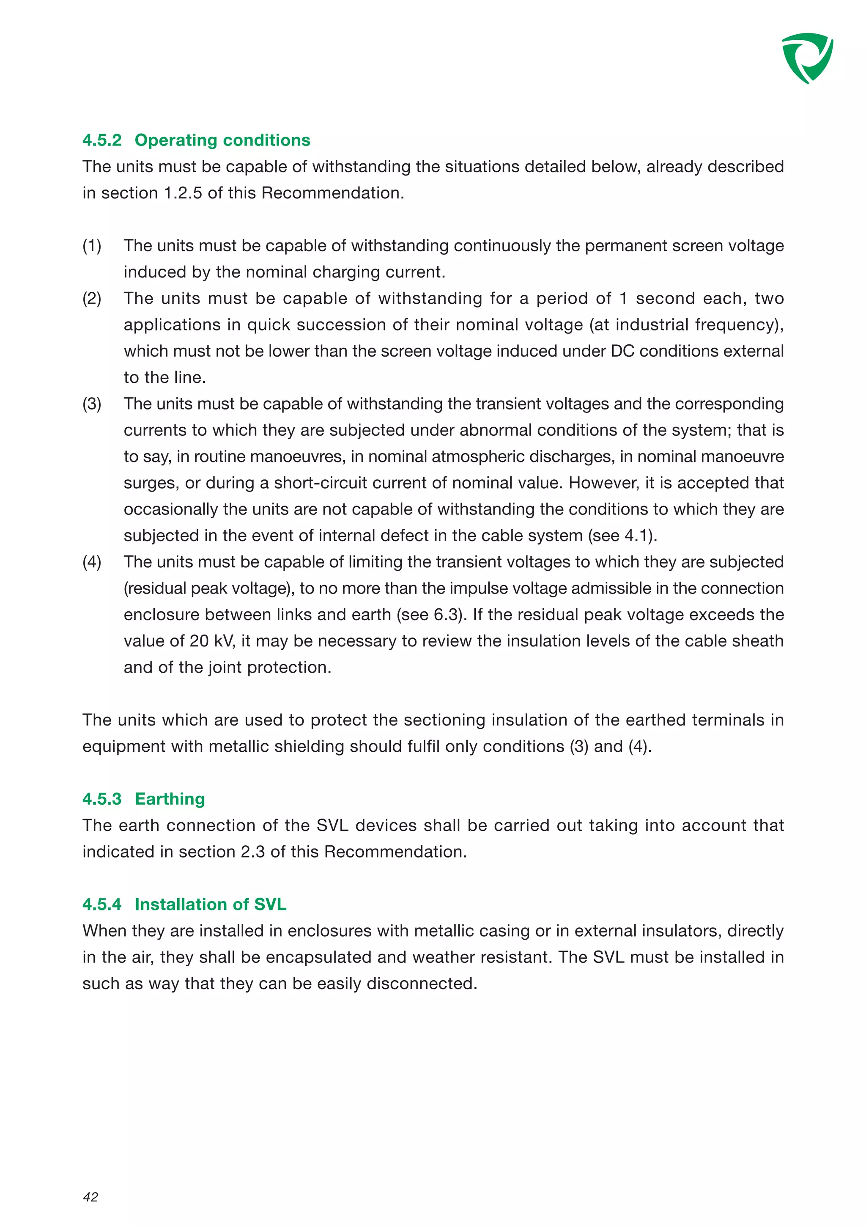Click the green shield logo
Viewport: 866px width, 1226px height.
pos(807,58)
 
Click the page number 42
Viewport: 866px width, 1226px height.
pos(91,1197)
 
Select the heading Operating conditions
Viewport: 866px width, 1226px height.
pos(222,140)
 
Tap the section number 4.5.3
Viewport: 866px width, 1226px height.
pos(101,799)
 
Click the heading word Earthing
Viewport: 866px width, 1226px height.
pos(170,799)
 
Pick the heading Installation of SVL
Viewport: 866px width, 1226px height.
pos(210,904)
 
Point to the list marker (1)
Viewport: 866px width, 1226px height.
pos(92,246)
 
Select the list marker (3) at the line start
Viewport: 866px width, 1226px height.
pos(92,404)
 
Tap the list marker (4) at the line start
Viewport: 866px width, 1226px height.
pos(92,562)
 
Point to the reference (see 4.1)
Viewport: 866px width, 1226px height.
pos(622,536)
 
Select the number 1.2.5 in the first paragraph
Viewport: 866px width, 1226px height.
pos(183,193)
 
